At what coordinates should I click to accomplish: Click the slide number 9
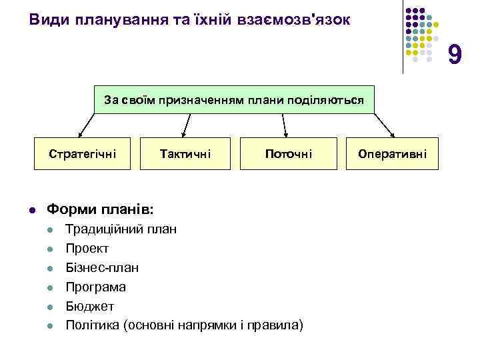pos(454,55)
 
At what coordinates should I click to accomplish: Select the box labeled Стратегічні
pos(83,154)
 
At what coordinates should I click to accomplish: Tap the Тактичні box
pos(185,154)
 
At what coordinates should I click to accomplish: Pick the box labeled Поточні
pos(288,154)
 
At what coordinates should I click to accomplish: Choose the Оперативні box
pos(393,154)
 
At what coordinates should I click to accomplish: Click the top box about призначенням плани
pos(234,100)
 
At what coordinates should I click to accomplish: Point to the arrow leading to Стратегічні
pos(87,125)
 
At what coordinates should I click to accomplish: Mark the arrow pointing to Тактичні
pos(187,125)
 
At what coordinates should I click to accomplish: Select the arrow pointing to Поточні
pos(285,125)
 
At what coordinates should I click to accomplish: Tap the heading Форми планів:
pos(100,209)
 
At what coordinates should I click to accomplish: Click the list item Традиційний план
pos(121,230)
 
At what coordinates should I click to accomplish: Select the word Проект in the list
pos(87,249)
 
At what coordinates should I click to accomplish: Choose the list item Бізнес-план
pos(102,268)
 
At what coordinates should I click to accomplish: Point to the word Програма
pos(95,287)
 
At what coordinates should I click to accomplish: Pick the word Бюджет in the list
pos(89,306)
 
